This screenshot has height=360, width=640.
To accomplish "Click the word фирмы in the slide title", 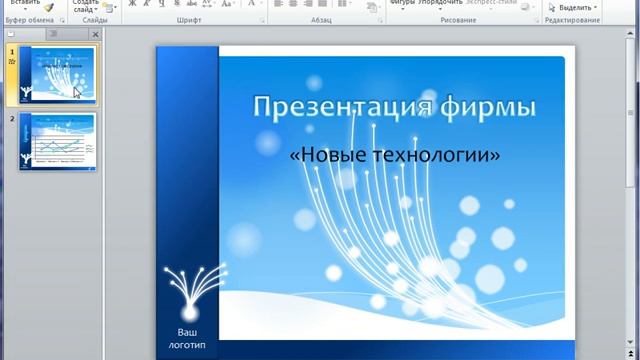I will pyautogui.click(x=490, y=107).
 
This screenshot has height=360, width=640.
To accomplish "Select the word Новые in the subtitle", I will pyautogui.click(x=330, y=155).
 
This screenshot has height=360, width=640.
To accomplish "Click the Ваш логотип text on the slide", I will pyautogui.click(x=187, y=338).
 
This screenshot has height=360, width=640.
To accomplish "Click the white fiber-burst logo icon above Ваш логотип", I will pyautogui.click(x=187, y=291).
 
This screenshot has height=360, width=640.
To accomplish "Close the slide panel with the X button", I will pyautogui.click(x=95, y=34).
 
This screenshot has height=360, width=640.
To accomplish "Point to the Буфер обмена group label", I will pyautogui.click(x=30, y=20).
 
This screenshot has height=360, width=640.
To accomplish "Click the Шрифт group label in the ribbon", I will pyautogui.click(x=188, y=20).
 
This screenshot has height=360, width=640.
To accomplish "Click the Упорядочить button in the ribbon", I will pyautogui.click(x=441, y=3).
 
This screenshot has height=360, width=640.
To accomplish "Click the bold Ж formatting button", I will pyautogui.click(x=132, y=4).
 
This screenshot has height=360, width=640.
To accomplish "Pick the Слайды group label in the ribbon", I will pyautogui.click(x=95, y=20).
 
